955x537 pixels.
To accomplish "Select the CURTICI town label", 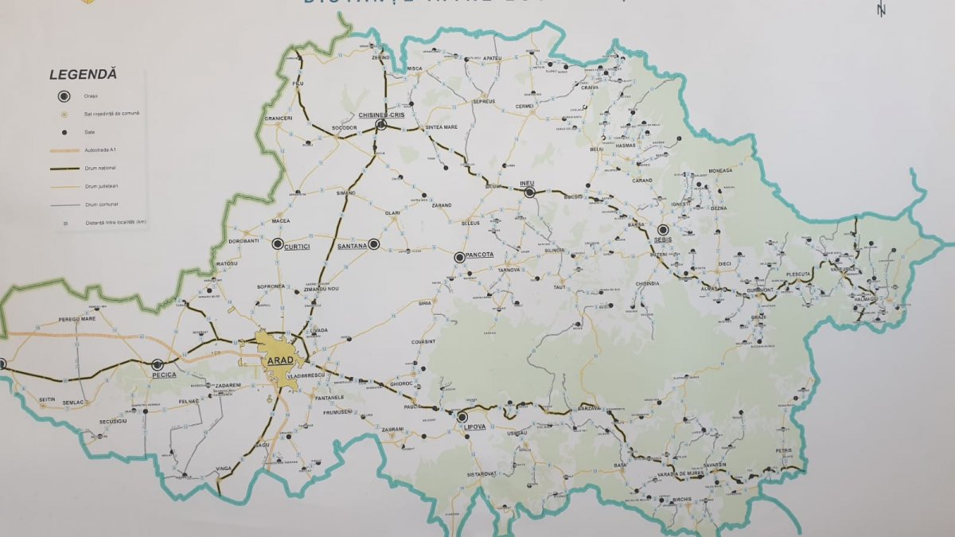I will pos(296,247).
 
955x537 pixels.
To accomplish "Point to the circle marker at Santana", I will pos(373,244).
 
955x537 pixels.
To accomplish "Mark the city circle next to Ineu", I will pos(529,193).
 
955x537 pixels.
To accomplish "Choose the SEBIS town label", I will pos(664,239).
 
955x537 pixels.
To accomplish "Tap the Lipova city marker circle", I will pos(462,416).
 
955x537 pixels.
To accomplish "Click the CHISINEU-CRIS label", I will pos(379,115).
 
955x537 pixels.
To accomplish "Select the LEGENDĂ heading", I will pos(83,74).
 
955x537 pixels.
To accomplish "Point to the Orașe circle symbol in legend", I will pos(64,96).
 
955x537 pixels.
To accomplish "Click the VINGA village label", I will pos(224,470).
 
